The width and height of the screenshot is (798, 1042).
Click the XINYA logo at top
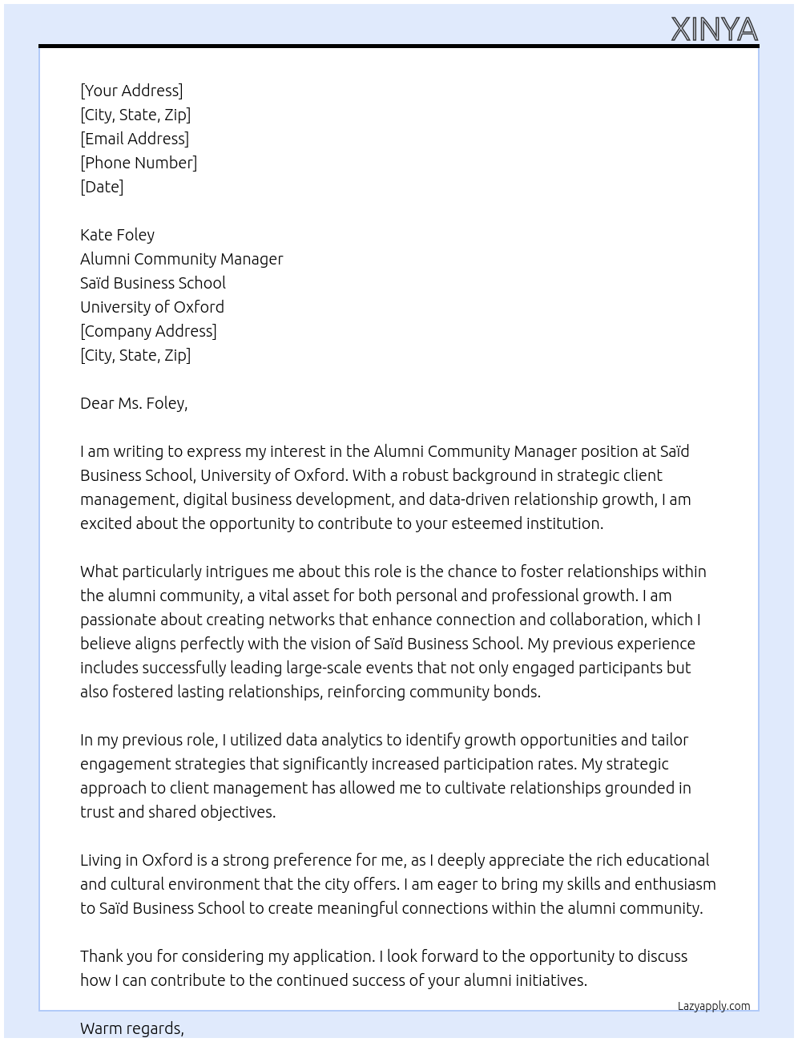pyautogui.click(x=714, y=30)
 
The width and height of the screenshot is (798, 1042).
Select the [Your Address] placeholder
pyautogui.click(x=131, y=91)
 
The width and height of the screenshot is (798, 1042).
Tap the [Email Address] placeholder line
pyautogui.click(x=135, y=139)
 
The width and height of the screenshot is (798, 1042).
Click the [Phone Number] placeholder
pyautogui.click(x=139, y=163)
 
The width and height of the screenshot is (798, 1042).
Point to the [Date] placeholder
pyautogui.click(x=102, y=187)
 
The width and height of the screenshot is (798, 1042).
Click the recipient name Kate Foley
pyautogui.click(x=117, y=235)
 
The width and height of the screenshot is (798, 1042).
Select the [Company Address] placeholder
pyautogui.click(x=148, y=331)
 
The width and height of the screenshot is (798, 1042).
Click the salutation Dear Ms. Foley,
pyautogui.click(x=134, y=403)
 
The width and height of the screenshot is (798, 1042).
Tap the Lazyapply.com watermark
pyautogui.click(x=714, y=1006)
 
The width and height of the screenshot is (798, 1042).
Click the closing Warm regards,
pyautogui.click(x=132, y=1028)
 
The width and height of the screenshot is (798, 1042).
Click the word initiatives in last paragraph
pyautogui.click(x=548, y=980)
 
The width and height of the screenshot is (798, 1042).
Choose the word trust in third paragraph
pyautogui.click(x=97, y=812)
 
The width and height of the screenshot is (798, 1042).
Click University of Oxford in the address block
pyautogui.click(x=152, y=307)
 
